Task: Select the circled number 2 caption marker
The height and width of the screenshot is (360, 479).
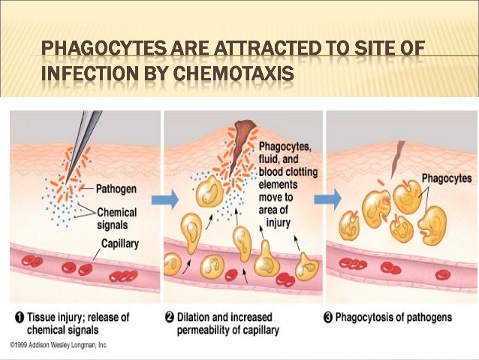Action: click(170, 317)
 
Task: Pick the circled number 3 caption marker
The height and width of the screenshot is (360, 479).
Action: click(328, 317)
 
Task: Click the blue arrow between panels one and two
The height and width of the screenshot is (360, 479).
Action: click(170, 199)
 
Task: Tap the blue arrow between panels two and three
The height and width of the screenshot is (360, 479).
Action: click(329, 199)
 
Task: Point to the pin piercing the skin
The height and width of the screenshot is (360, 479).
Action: click(86, 139)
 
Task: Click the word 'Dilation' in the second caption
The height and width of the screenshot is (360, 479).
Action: click(198, 317)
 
